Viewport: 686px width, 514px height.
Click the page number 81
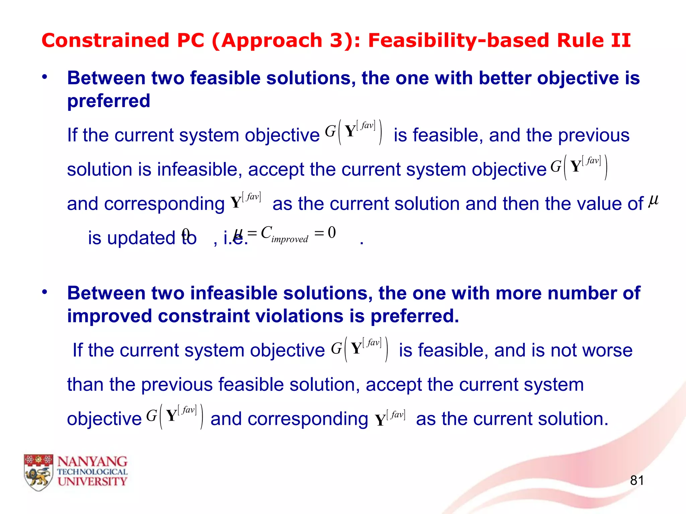(x=637, y=480)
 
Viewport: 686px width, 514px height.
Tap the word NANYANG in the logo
(x=92, y=462)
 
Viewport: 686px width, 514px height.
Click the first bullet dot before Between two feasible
(x=45, y=77)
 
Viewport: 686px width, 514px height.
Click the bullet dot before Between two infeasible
(x=45, y=292)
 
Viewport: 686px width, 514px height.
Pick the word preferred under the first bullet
(x=109, y=101)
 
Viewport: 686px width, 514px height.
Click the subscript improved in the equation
(x=290, y=239)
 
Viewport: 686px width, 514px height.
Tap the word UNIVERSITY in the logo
(x=92, y=482)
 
